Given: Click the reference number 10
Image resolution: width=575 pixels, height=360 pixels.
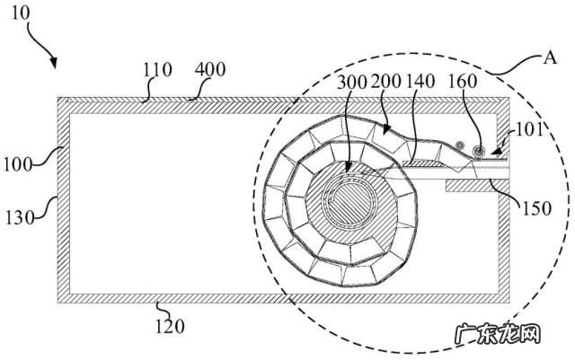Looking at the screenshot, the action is (21, 13).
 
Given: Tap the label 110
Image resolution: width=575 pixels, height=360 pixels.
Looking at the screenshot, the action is (157, 70).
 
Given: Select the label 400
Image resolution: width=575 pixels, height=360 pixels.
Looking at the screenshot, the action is (210, 69).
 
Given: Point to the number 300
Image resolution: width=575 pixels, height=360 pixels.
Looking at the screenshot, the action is (351, 82).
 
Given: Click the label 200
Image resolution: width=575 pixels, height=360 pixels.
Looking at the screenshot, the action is (385, 82).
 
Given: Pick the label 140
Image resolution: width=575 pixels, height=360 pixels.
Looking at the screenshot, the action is (420, 82).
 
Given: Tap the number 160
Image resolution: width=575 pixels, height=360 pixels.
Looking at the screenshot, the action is (463, 82).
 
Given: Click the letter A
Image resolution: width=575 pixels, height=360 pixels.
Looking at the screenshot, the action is (549, 57).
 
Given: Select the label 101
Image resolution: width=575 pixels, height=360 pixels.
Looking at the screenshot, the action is (528, 130).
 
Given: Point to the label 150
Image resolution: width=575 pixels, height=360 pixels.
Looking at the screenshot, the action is (537, 208).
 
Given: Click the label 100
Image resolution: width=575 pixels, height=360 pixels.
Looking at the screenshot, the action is (18, 164).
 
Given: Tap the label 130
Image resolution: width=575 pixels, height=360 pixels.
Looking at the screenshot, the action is (20, 218).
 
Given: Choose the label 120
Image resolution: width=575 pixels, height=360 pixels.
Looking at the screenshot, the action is (170, 326).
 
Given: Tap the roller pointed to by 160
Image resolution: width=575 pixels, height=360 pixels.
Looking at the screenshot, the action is (478, 151).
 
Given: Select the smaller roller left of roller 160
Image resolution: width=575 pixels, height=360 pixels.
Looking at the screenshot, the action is (459, 145).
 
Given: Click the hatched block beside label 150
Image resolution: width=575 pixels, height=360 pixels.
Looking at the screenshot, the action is (469, 186).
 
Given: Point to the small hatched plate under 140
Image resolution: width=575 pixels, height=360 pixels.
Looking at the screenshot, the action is (421, 163).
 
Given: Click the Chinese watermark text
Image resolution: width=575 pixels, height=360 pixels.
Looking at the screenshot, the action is (498, 334).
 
